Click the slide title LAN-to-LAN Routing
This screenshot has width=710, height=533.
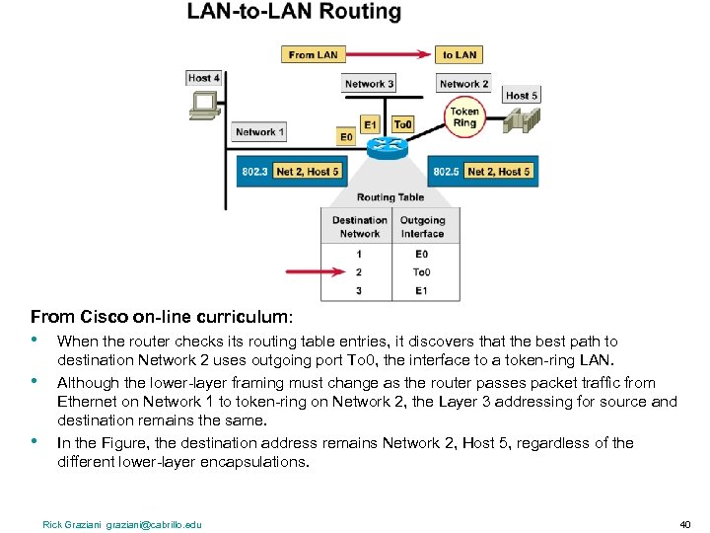(x=294, y=13)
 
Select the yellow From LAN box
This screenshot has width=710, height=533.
(x=314, y=55)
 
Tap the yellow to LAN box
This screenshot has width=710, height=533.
(x=460, y=55)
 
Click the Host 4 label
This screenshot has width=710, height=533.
(x=204, y=78)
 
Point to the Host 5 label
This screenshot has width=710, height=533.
(x=522, y=96)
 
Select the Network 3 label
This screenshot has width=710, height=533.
(x=369, y=84)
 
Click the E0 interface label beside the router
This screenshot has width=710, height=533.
(x=345, y=136)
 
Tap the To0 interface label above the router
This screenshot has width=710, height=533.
(x=402, y=124)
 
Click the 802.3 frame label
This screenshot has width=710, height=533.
(x=254, y=172)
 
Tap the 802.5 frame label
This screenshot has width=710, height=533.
(x=446, y=172)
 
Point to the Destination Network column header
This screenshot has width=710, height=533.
(x=359, y=227)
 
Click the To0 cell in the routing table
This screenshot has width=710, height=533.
(x=422, y=271)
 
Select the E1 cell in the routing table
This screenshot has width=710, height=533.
(x=422, y=290)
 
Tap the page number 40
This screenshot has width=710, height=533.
(x=685, y=524)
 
